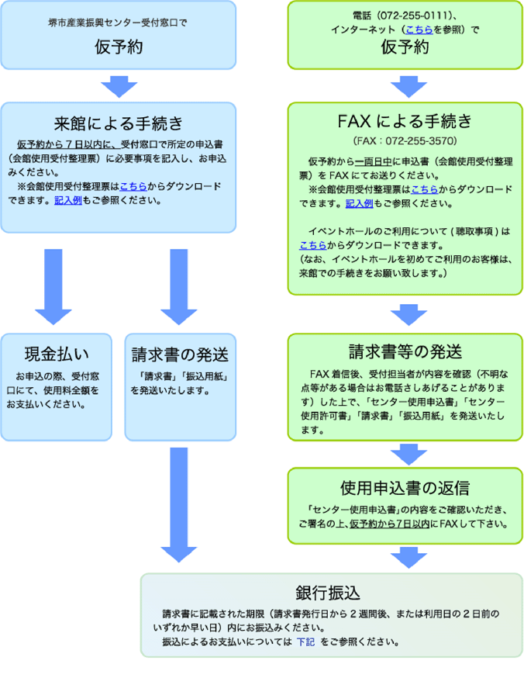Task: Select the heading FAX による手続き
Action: click(405, 122)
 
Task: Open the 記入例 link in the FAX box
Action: click(359, 203)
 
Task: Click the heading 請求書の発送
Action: click(180, 355)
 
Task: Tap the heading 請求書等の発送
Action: click(405, 351)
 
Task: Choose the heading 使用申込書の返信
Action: click(405, 488)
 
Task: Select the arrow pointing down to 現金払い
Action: click(53, 285)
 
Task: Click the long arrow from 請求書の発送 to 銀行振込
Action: click(179, 504)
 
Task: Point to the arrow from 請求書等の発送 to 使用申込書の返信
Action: click(405, 452)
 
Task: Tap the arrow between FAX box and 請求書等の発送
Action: click(405, 313)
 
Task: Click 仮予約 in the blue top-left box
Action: click(118, 47)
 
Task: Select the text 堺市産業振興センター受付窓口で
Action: click(118, 23)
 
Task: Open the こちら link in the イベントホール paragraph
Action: click(311, 245)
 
